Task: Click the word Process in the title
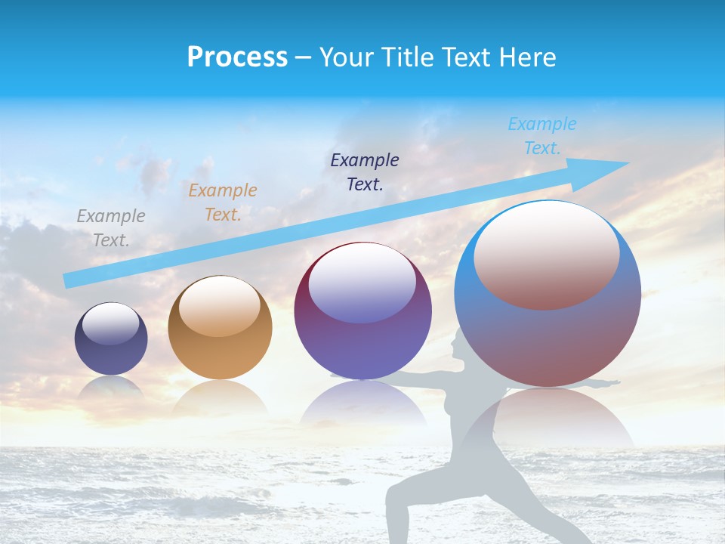(x=237, y=57)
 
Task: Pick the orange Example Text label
(x=223, y=202)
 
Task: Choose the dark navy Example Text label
(x=365, y=172)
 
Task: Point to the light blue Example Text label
(x=541, y=136)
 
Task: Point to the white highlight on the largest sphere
(x=546, y=253)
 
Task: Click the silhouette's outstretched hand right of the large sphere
(x=613, y=383)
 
